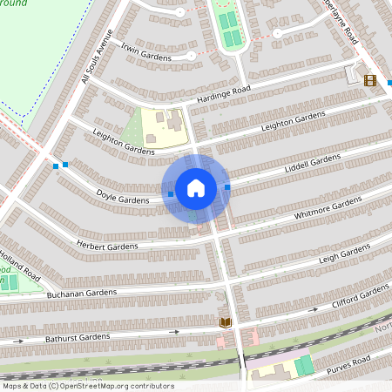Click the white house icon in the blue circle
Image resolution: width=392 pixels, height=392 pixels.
[196, 187]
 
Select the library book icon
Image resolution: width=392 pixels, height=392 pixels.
[225, 322]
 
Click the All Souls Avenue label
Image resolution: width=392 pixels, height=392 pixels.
[98, 58]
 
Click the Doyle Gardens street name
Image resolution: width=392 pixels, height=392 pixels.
[122, 198]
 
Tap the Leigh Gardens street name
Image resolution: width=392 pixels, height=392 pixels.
[343, 253]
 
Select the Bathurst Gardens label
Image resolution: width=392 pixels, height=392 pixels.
[77, 336]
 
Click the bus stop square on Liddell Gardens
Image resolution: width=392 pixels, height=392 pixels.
[227, 186]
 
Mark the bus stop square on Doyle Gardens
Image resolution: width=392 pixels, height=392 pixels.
[171, 194]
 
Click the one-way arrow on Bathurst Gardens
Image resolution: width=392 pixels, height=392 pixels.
[174, 331]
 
